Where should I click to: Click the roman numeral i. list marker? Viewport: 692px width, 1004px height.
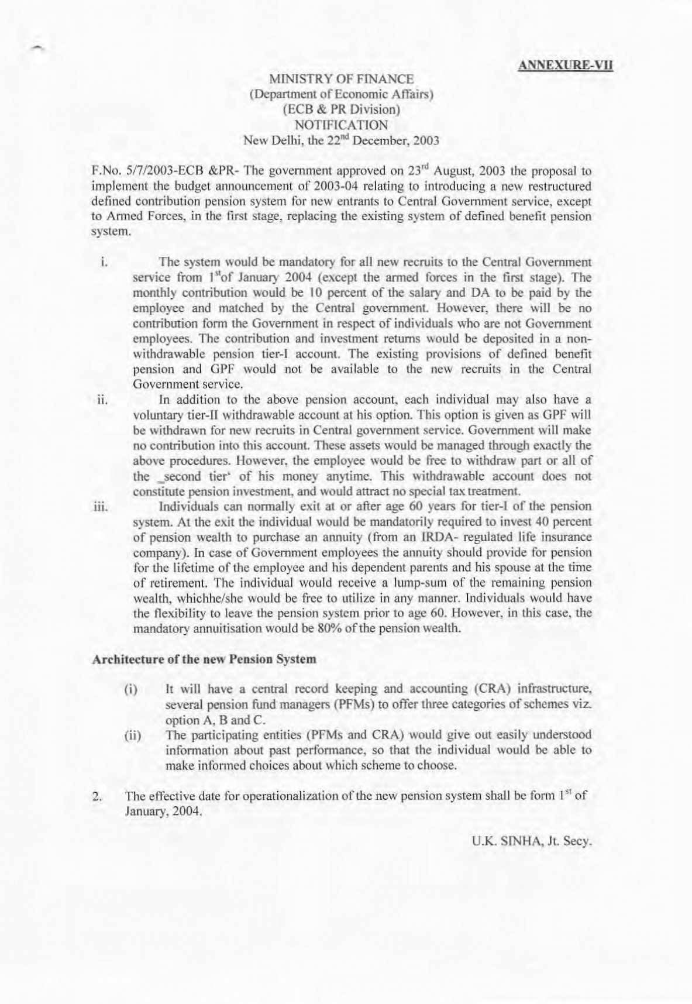(x=102, y=262)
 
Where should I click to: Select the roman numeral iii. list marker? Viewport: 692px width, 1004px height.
(x=104, y=507)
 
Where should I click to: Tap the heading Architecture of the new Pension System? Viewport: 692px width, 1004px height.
(x=204, y=659)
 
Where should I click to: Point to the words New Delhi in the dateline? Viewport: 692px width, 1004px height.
(x=269, y=140)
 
